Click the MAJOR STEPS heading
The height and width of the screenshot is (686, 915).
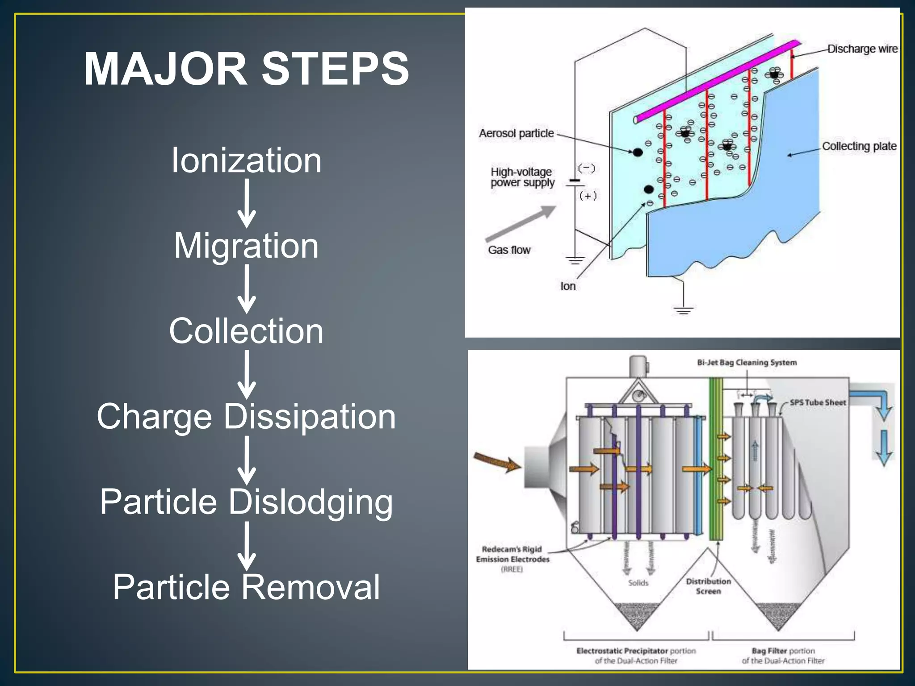(x=246, y=69)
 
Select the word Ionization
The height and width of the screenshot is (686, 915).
(x=246, y=160)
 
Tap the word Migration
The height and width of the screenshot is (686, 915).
(x=246, y=246)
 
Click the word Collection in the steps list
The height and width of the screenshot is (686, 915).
(x=246, y=331)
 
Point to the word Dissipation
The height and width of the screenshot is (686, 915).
(x=309, y=417)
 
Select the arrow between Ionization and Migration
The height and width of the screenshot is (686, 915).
(x=246, y=203)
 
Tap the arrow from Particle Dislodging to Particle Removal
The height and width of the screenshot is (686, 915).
(x=246, y=545)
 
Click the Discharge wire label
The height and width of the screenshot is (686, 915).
(x=862, y=49)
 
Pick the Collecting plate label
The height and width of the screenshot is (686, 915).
(x=859, y=146)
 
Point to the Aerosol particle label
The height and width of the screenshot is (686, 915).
(x=516, y=133)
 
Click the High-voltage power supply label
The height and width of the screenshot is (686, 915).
(x=522, y=177)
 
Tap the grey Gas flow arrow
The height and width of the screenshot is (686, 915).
(x=521, y=223)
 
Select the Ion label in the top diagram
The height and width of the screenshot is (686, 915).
(x=568, y=286)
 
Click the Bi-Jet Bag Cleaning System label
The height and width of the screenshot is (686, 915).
(x=747, y=363)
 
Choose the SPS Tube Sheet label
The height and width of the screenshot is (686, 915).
(x=817, y=402)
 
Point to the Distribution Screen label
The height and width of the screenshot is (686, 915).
(x=708, y=586)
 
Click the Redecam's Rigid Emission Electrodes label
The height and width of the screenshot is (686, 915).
(x=512, y=554)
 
